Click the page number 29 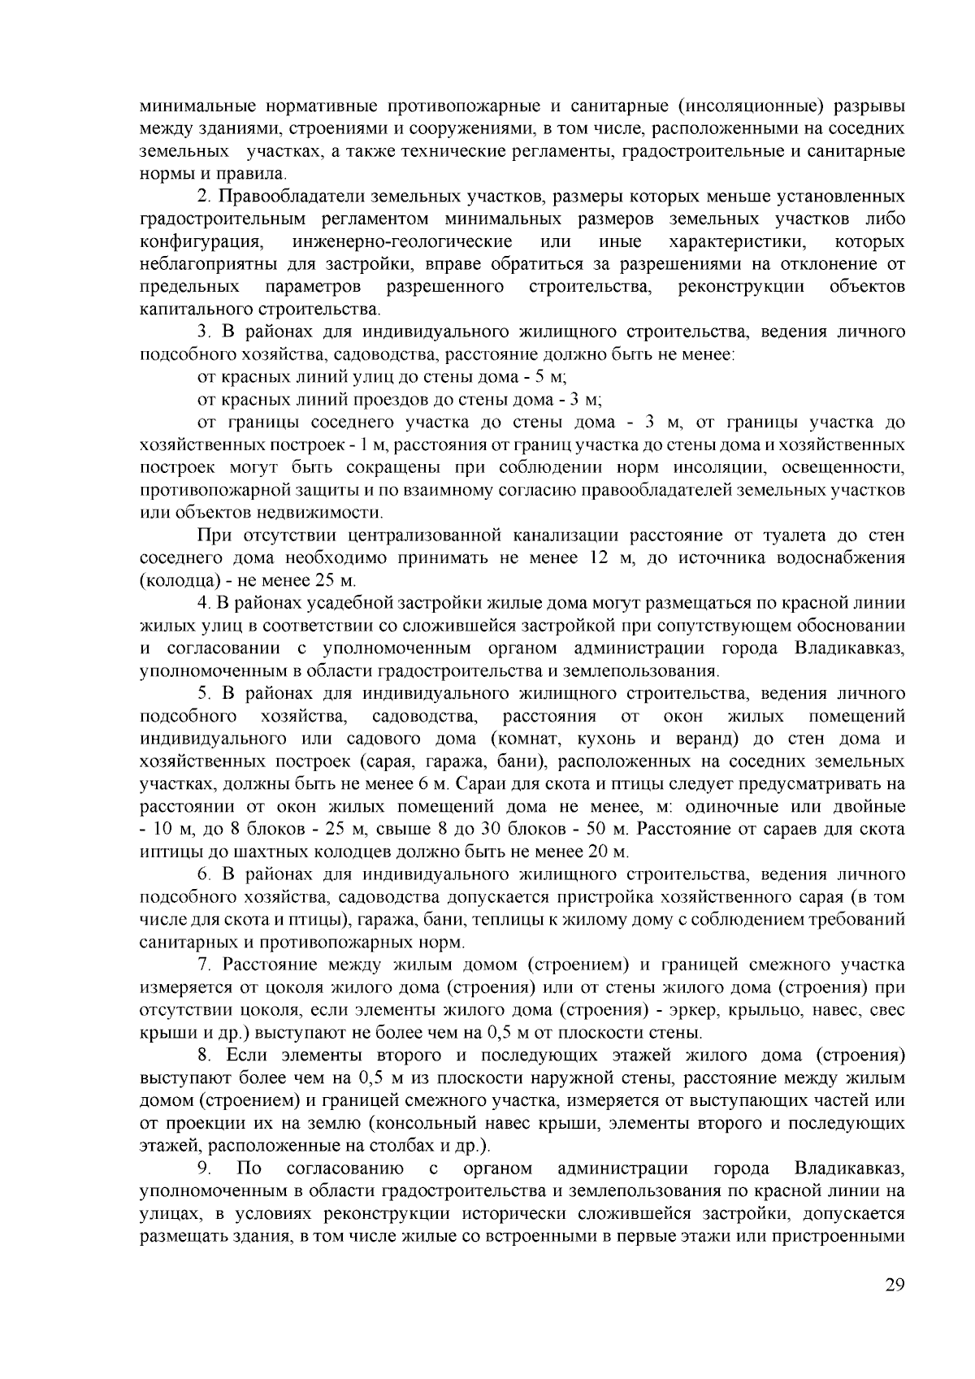[x=895, y=1284]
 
